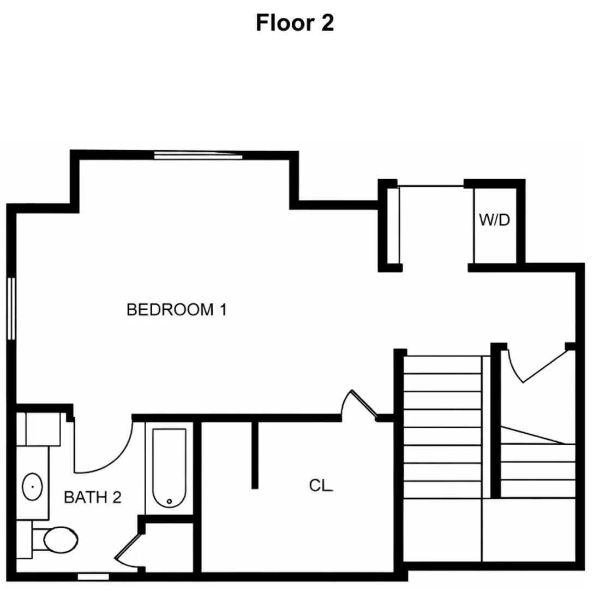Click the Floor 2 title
[295, 23]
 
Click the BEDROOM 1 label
[176, 310]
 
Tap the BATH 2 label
[92, 497]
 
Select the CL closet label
[321, 485]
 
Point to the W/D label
[494, 220]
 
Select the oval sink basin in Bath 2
[32, 485]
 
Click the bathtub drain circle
[169, 501]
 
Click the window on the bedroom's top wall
[197, 156]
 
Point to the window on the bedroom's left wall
[11, 309]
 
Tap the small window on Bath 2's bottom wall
[93, 576]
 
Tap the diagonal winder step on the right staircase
[537, 436]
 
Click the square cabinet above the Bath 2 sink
[43, 429]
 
